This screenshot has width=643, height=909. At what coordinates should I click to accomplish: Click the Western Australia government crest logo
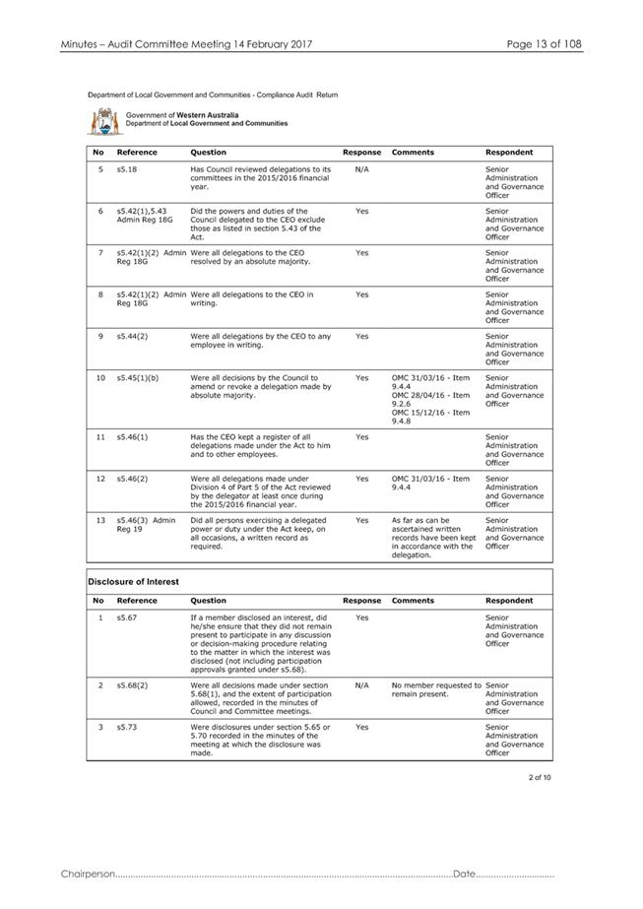pyautogui.click(x=102, y=121)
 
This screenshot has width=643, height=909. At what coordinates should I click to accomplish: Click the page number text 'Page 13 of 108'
pyautogui.click(x=545, y=44)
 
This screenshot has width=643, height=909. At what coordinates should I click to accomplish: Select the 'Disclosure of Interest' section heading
pyautogui.click(x=134, y=581)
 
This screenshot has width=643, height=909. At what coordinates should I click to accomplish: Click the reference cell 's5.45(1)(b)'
pyautogui.click(x=137, y=377)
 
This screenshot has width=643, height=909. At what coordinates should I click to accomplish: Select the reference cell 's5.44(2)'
pyautogui.click(x=132, y=336)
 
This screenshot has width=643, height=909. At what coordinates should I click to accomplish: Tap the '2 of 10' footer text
pyautogui.click(x=540, y=778)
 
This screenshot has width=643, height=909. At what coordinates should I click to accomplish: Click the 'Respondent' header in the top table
pyautogui.click(x=509, y=153)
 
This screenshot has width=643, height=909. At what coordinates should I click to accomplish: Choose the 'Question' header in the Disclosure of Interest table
pyautogui.click(x=208, y=600)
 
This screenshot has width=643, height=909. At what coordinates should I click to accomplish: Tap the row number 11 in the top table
pyautogui.click(x=99, y=436)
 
